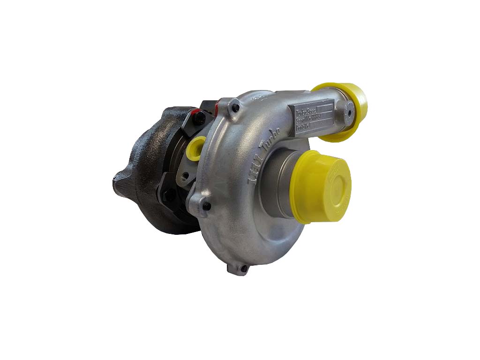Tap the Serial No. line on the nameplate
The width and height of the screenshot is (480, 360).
pos(307,120)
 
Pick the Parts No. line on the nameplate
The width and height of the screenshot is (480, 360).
pos(305,127)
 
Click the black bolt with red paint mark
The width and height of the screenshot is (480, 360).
pos(199,118)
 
